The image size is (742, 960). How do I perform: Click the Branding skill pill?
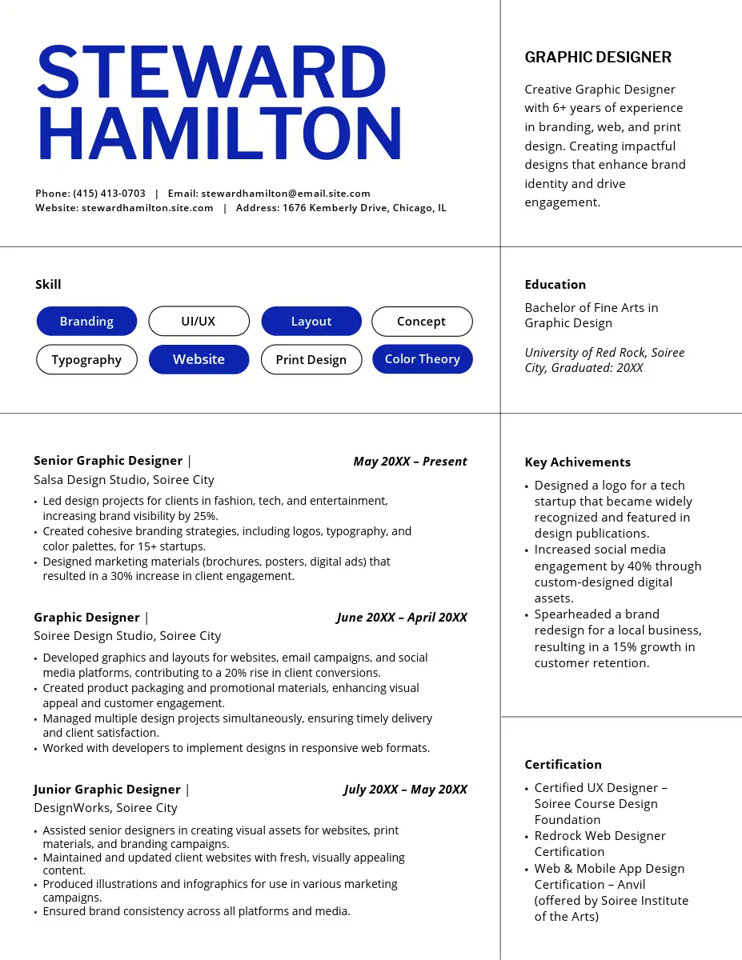tap(86, 321)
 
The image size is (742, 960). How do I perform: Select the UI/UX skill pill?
tap(199, 321)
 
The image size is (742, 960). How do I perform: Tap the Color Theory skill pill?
tap(423, 359)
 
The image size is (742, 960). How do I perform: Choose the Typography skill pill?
tap(86, 359)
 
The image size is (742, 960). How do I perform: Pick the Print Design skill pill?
tap(311, 359)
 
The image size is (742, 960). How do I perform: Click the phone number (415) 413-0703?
tap(110, 193)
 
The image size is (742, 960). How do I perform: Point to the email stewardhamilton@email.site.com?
tap(286, 193)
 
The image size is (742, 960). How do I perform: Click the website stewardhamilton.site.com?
tap(147, 208)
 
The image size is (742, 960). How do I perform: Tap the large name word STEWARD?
tap(212, 73)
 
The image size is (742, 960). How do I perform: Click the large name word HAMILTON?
tap(219, 132)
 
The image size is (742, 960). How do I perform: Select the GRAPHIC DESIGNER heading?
tap(598, 57)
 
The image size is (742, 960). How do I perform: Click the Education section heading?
tap(555, 284)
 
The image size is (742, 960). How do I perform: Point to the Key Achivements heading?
tap(577, 462)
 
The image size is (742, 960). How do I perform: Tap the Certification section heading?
tap(563, 764)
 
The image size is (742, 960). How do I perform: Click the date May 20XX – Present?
tap(410, 461)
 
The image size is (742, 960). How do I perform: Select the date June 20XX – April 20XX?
tap(402, 617)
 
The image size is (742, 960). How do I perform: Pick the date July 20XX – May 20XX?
tap(405, 789)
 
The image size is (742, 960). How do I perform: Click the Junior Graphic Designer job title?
tap(107, 789)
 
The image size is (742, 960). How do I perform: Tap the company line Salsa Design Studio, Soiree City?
tap(124, 480)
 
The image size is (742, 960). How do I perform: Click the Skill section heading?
tap(48, 284)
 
